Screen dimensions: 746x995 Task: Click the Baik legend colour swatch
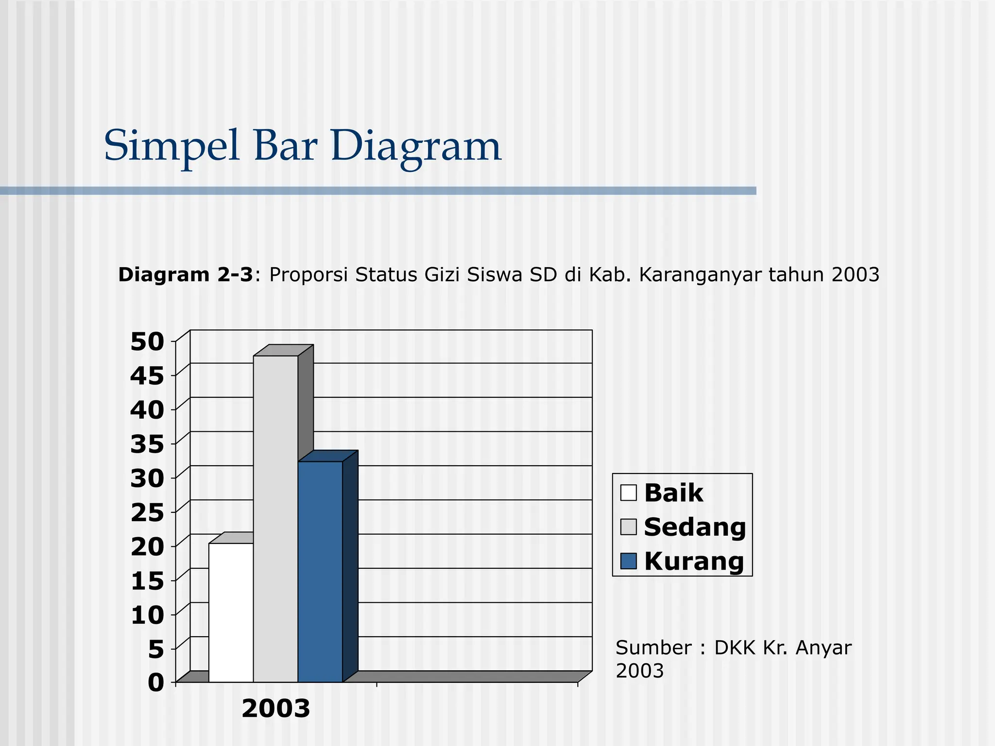tap(628, 492)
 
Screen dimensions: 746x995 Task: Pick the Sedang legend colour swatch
tap(628, 527)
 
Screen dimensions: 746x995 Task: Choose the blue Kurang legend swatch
tap(628, 561)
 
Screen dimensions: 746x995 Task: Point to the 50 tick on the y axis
tap(147, 342)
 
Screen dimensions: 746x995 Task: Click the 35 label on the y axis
tap(147, 444)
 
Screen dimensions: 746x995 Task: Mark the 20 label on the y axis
tap(147, 547)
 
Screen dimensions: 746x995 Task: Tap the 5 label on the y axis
tap(156, 649)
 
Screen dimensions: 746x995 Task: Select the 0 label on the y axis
tap(156, 682)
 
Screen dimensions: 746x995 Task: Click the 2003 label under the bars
tap(275, 709)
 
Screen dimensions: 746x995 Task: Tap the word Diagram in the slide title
tap(415, 146)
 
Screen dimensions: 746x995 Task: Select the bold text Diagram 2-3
tap(186, 275)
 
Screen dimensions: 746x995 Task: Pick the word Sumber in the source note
tap(653, 648)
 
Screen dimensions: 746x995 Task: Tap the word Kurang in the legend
tap(694, 561)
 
